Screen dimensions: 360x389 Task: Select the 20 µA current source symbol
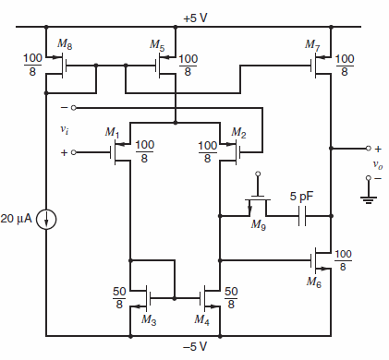(x=45, y=220)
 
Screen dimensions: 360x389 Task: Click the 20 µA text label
(x=18, y=220)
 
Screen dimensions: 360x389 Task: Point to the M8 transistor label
(x=64, y=43)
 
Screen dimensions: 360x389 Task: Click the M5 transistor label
(x=158, y=43)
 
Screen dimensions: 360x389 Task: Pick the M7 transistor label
(x=312, y=43)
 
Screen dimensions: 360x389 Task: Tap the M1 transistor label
(x=113, y=134)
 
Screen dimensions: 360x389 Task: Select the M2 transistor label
(x=238, y=134)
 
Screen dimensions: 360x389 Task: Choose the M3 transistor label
(x=147, y=318)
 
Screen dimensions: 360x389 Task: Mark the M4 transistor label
(x=201, y=318)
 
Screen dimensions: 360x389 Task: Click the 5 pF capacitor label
(x=300, y=197)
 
